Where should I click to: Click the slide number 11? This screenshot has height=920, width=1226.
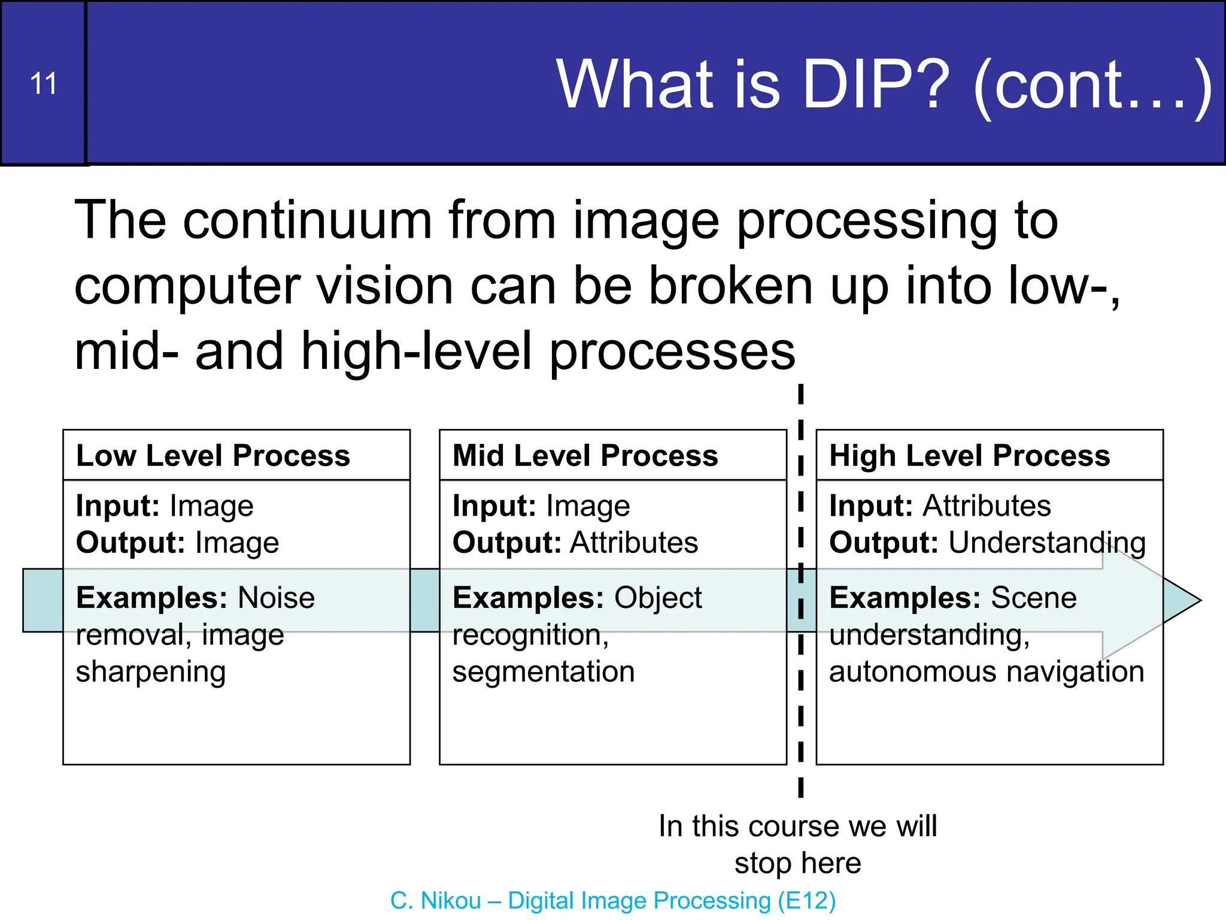(43, 84)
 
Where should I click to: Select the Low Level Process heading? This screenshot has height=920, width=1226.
(213, 456)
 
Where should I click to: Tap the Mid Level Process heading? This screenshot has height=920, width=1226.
(585, 456)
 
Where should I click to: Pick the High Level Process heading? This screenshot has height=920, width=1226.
(969, 456)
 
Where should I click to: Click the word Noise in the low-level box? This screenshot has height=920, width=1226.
(276, 598)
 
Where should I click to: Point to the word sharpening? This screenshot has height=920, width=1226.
(151, 672)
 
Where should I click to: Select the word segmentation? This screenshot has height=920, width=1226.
(543, 671)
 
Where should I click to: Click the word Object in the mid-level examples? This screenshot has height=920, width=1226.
(657, 598)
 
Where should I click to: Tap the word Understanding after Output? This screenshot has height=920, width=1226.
(1046, 543)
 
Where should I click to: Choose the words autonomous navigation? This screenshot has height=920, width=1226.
(986, 671)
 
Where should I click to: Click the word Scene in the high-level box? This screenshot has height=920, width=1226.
(1033, 598)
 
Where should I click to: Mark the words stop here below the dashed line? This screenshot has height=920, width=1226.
(797, 863)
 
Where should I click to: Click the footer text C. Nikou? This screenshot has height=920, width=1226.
(435, 900)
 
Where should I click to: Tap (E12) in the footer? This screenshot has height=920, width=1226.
(806, 900)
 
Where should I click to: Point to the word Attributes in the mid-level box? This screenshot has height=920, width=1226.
(633, 543)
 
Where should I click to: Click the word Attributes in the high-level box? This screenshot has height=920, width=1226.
(986, 506)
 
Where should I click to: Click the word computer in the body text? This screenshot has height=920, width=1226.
(187, 287)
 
